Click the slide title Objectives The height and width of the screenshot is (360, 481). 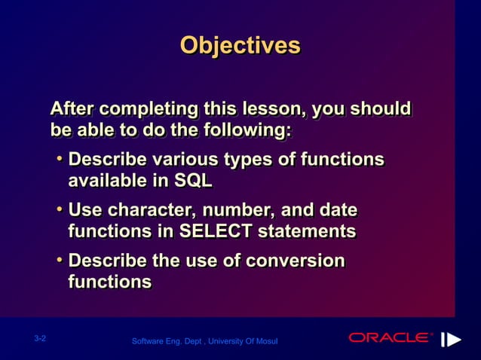click(240, 45)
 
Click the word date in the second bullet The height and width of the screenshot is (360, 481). click(337, 210)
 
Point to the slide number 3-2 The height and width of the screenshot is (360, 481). click(41, 339)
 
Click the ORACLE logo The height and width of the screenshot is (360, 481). click(391, 337)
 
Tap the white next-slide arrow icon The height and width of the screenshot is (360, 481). click(451, 339)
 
